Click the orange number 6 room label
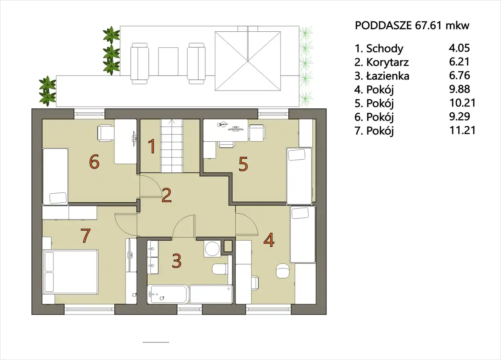click(94, 162)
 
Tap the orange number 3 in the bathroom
click(177, 261)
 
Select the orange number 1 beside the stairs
click(152, 146)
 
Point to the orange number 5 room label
click(243, 164)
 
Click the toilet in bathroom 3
click(220, 269)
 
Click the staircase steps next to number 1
click(171, 146)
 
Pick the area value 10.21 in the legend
click(462, 103)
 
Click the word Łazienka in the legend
click(387, 76)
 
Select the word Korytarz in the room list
click(387, 62)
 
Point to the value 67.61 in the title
click(428, 26)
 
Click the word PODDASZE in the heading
click(383, 26)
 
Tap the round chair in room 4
click(283, 271)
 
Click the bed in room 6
click(56, 176)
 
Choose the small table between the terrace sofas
click(168, 61)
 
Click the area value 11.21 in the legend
click(462, 130)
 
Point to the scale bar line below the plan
click(156, 342)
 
